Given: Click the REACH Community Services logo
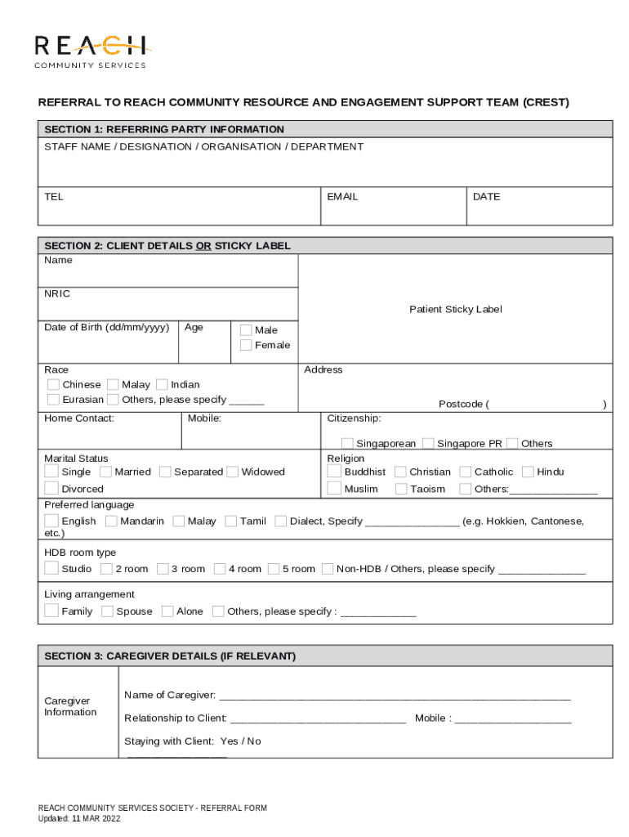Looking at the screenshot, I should click(x=90, y=51).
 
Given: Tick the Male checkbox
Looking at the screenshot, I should click(x=245, y=330).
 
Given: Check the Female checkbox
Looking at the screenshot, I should click(x=245, y=345).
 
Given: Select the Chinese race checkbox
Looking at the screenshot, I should click(x=53, y=384).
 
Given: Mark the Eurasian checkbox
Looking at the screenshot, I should click(x=53, y=400).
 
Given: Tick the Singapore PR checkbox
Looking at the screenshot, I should click(x=428, y=443).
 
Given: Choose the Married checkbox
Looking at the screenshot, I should click(x=106, y=472).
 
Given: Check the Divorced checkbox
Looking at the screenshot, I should click(x=52, y=489).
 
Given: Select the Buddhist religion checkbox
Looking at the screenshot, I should click(x=334, y=472).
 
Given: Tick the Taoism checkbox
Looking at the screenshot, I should click(x=401, y=489).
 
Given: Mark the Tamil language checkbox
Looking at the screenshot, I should click(x=231, y=521).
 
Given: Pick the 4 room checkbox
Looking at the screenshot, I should click(x=219, y=568).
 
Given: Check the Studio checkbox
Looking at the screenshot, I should click(x=52, y=568).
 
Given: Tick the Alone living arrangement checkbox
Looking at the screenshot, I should click(x=167, y=611).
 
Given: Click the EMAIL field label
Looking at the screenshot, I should click(x=342, y=197).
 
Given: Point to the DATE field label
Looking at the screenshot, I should click(x=486, y=197).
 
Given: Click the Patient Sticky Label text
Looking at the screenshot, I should click(x=455, y=309).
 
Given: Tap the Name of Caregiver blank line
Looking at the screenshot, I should click(x=395, y=696).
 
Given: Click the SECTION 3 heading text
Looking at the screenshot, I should click(x=170, y=656).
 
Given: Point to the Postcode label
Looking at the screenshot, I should click(x=462, y=404).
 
